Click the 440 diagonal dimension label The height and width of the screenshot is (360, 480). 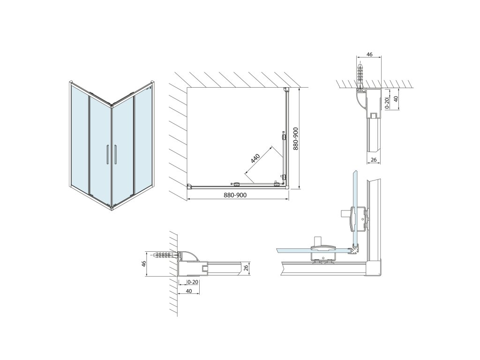tap(255, 158)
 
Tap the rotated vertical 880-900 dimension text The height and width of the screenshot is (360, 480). tap(295, 139)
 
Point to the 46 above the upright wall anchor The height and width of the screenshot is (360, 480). tap(369, 55)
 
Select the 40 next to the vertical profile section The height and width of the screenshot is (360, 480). tap(396, 99)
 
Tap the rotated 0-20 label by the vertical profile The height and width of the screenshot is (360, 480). tap(387, 103)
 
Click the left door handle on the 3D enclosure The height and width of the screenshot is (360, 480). tap(107, 155)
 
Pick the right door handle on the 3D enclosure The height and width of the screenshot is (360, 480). tap(114, 155)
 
